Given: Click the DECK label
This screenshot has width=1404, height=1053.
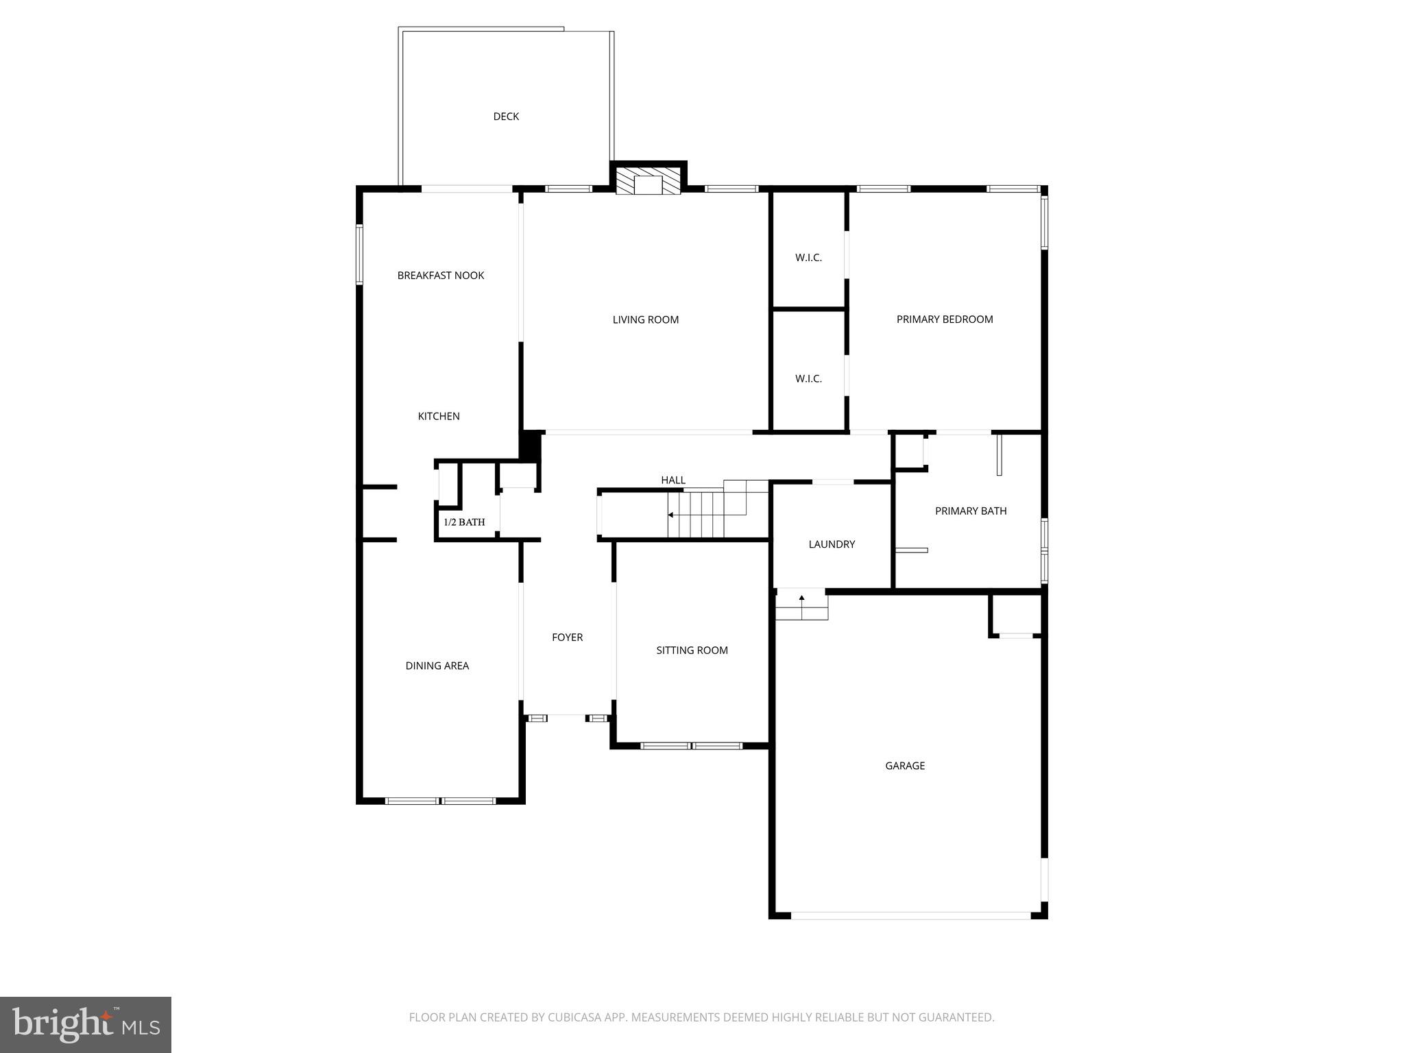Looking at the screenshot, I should point(506,117).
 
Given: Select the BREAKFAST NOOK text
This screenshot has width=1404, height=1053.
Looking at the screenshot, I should point(441,276).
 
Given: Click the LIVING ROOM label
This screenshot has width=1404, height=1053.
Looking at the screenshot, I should point(645,319).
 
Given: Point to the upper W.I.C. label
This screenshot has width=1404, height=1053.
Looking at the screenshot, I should point(808,258).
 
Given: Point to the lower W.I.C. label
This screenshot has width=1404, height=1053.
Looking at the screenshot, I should point(808,378).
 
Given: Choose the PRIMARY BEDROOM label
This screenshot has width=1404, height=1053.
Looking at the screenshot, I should point(944,319).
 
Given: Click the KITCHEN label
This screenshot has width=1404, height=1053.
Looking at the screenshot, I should point(439,416).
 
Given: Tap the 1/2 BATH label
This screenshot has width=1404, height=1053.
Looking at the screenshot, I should point(464,522).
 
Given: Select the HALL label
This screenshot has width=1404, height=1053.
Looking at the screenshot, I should point(673,480).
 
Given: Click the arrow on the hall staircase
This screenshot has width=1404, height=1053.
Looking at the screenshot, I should point(671,515).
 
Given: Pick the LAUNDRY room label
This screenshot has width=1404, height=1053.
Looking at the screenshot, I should point(832,544).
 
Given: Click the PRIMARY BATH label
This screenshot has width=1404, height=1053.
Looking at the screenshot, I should point(970,511).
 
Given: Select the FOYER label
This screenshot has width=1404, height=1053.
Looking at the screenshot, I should point(567,638).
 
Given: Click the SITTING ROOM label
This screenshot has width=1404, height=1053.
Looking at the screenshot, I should point(692,651).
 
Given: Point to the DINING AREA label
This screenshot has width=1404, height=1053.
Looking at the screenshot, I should point(437,666).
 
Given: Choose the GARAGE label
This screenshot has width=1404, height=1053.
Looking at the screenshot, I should point(904,766).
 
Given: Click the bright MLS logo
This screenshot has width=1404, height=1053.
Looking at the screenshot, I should point(85,1025).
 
